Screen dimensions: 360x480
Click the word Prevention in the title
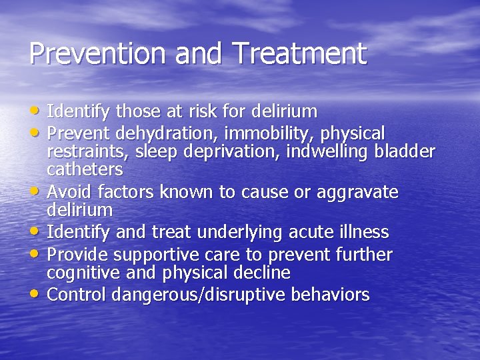coord(83,54)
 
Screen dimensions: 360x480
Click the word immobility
coord(277,133)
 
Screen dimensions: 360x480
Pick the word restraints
coord(88,151)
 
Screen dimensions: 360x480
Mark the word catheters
coord(85,169)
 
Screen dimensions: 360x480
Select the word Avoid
coord(70,193)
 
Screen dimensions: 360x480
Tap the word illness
coord(364,232)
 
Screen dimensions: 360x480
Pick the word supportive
coord(157,255)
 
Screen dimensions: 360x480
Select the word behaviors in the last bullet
coord(331,295)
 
